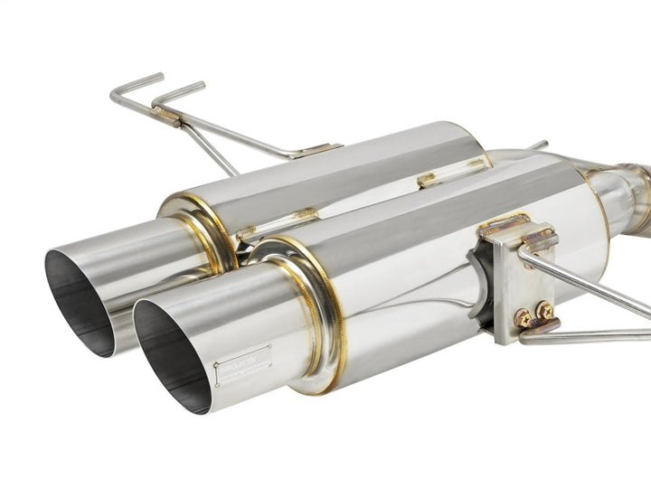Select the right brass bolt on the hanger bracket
(x=544, y=310)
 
